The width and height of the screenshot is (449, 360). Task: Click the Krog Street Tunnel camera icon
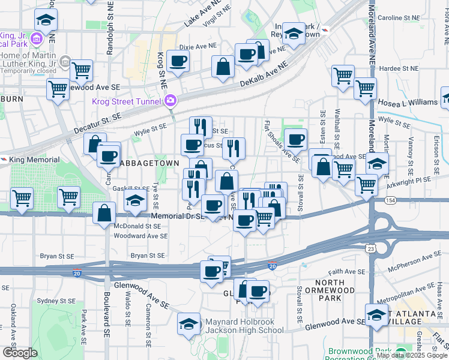[171, 100]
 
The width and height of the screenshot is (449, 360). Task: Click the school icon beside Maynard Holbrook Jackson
[189, 324]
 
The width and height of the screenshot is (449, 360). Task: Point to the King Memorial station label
[35, 160]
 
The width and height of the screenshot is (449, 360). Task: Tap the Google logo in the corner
[19, 352]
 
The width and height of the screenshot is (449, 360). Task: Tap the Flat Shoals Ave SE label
[282, 142]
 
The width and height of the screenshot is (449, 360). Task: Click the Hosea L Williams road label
[409, 102]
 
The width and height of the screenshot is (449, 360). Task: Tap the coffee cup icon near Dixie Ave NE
[178, 61]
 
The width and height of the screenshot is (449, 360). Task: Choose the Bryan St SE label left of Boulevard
[56, 256]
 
